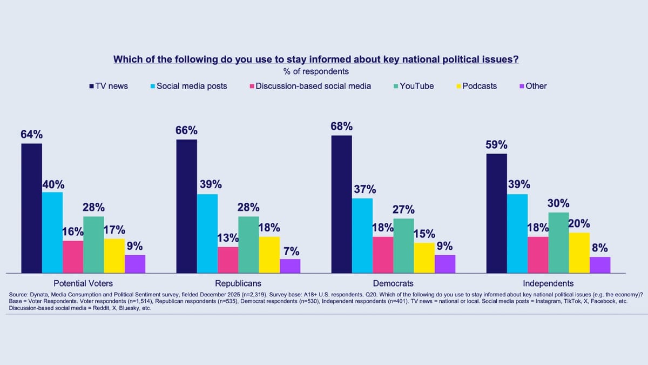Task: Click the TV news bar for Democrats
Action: point(341,204)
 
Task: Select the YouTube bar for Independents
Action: point(558,243)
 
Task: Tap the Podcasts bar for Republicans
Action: point(269,255)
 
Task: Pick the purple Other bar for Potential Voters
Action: point(135,264)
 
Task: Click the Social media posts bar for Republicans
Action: point(207,234)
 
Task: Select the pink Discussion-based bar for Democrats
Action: point(383,255)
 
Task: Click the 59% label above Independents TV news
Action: point(497,145)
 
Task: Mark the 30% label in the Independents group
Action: point(558,203)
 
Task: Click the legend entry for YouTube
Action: point(416,85)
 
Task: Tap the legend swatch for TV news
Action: point(92,85)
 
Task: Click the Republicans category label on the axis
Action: point(238,283)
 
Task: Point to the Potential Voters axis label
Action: point(83,283)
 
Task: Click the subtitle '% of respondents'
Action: point(316,71)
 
